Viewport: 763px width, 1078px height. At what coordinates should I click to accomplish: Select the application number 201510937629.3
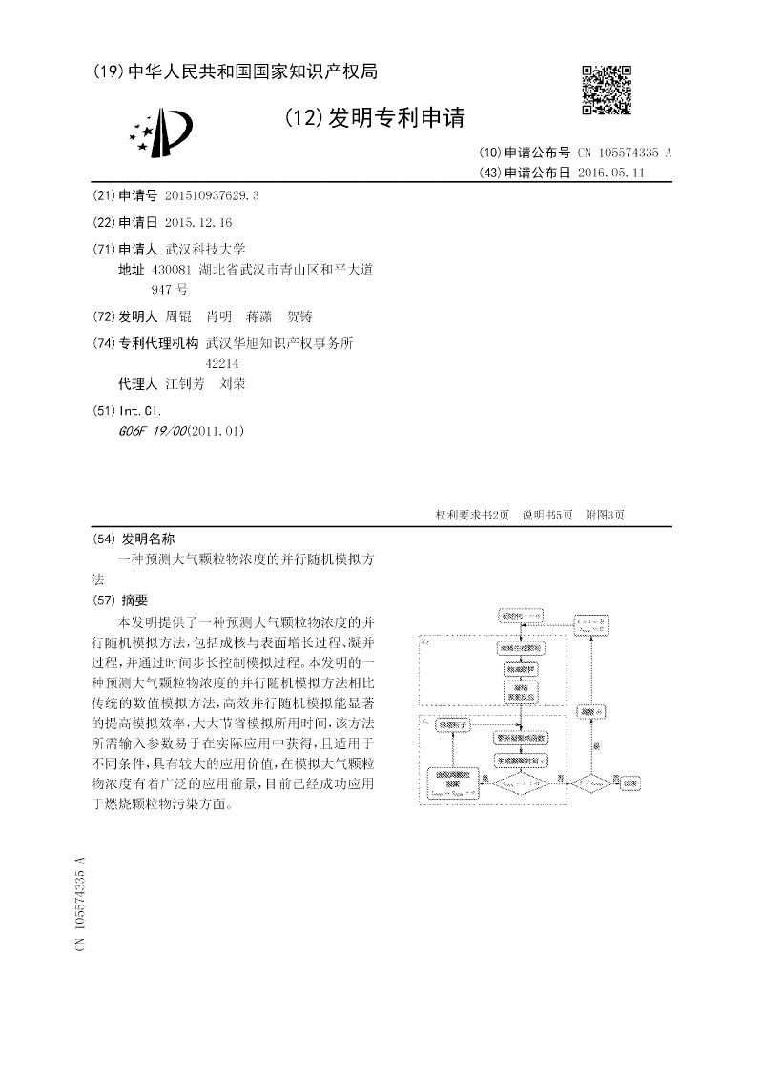coord(212,195)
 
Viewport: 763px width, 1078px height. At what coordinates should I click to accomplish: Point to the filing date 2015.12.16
coord(198,222)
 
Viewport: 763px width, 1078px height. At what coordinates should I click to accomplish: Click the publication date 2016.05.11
coord(611,173)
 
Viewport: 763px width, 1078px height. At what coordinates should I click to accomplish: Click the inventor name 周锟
coord(178,316)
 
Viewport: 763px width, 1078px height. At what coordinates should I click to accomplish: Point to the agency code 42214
coord(222,363)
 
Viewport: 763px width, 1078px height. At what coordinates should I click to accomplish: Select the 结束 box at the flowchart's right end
coord(631,783)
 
